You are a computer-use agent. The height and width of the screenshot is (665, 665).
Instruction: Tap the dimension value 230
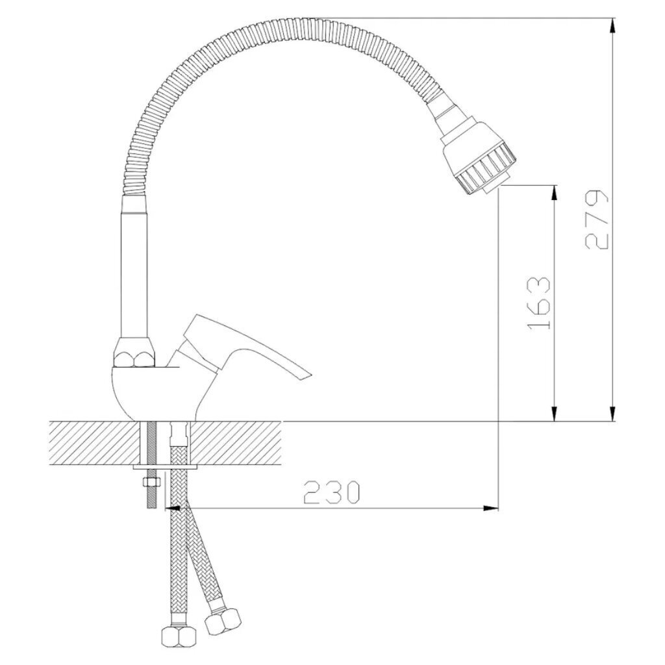pos(332,492)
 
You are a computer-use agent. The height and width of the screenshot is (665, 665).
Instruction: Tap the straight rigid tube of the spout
pos(135,267)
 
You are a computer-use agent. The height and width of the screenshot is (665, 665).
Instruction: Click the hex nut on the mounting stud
pos(151,483)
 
